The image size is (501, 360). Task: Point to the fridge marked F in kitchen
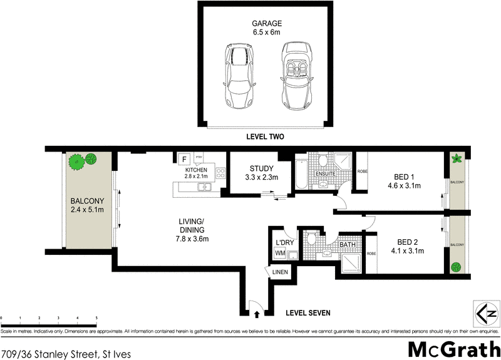pyautogui.click(x=185, y=159)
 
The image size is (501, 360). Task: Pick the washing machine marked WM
pyautogui.click(x=279, y=253)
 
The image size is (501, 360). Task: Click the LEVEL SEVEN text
pyautogui.click(x=307, y=312)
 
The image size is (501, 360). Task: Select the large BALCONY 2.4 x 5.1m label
pyautogui.click(x=86, y=205)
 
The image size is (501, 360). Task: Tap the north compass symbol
pyautogui.click(x=485, y=312)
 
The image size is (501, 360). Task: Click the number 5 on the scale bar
pyautogui.click(x=96, y=318)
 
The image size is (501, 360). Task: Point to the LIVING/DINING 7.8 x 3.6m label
pyautogui.click(x=192, y=230)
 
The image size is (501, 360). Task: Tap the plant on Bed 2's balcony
pyautogui.click(x=458, y=265)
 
